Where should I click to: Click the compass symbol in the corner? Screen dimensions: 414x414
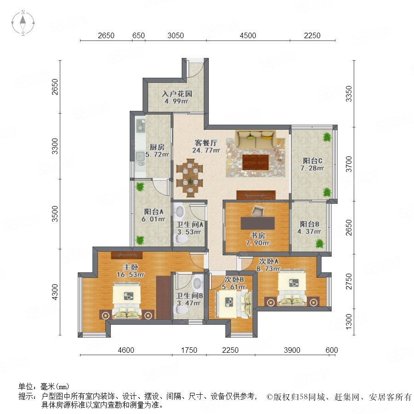[23, 23]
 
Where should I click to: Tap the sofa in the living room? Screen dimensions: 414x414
[256, 139]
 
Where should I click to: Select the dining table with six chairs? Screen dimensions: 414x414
[190, 178]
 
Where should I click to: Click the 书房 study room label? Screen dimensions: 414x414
[258, 235]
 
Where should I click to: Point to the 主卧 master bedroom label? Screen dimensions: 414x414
[131, 267]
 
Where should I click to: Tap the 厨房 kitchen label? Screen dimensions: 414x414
[157, 147]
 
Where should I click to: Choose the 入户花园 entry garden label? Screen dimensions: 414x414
[177, 94]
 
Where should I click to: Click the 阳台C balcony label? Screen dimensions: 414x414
[312, 161]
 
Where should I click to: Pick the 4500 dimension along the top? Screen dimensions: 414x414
[247, 35]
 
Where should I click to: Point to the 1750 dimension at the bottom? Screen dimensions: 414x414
[189, 350]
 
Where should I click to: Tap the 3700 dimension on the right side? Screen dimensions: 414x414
[349, 164]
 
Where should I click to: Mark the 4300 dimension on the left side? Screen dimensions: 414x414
[54, 292]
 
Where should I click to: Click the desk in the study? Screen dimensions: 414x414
[258, 223]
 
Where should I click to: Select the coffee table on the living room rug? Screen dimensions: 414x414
[256, 162]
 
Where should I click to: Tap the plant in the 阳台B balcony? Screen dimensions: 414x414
[320, 243]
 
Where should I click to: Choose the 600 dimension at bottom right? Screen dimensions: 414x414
[332, 350]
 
